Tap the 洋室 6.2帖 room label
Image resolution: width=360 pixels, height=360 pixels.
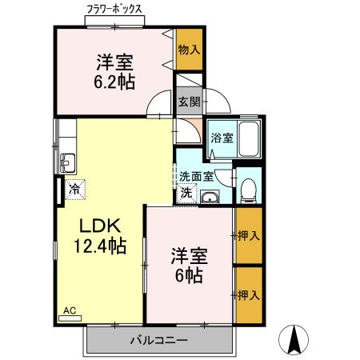[x=115, y=70]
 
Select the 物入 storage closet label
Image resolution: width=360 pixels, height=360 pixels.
[x=189, y=50]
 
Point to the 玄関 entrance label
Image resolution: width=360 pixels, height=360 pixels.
[x=188, y=102]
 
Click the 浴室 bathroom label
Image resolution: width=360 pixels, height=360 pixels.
[x=222, y=138]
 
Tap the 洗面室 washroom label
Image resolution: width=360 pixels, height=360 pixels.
[x=195, y=176]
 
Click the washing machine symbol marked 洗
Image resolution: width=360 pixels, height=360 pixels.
[x=186, y=192]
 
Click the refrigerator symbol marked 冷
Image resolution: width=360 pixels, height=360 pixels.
[x=74, y=190]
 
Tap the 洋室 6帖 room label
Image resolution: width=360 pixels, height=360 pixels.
[x=190, y=266]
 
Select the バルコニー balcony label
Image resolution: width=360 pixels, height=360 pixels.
[x=159, y=341]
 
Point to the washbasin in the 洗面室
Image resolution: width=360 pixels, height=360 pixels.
[x=210, y=198]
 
